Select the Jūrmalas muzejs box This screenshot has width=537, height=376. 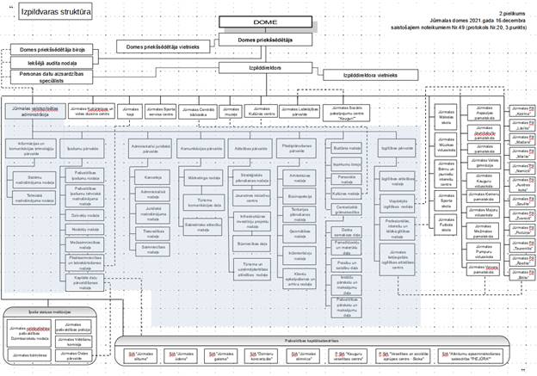point(232,111)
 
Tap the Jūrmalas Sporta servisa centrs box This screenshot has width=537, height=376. point(162,111)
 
